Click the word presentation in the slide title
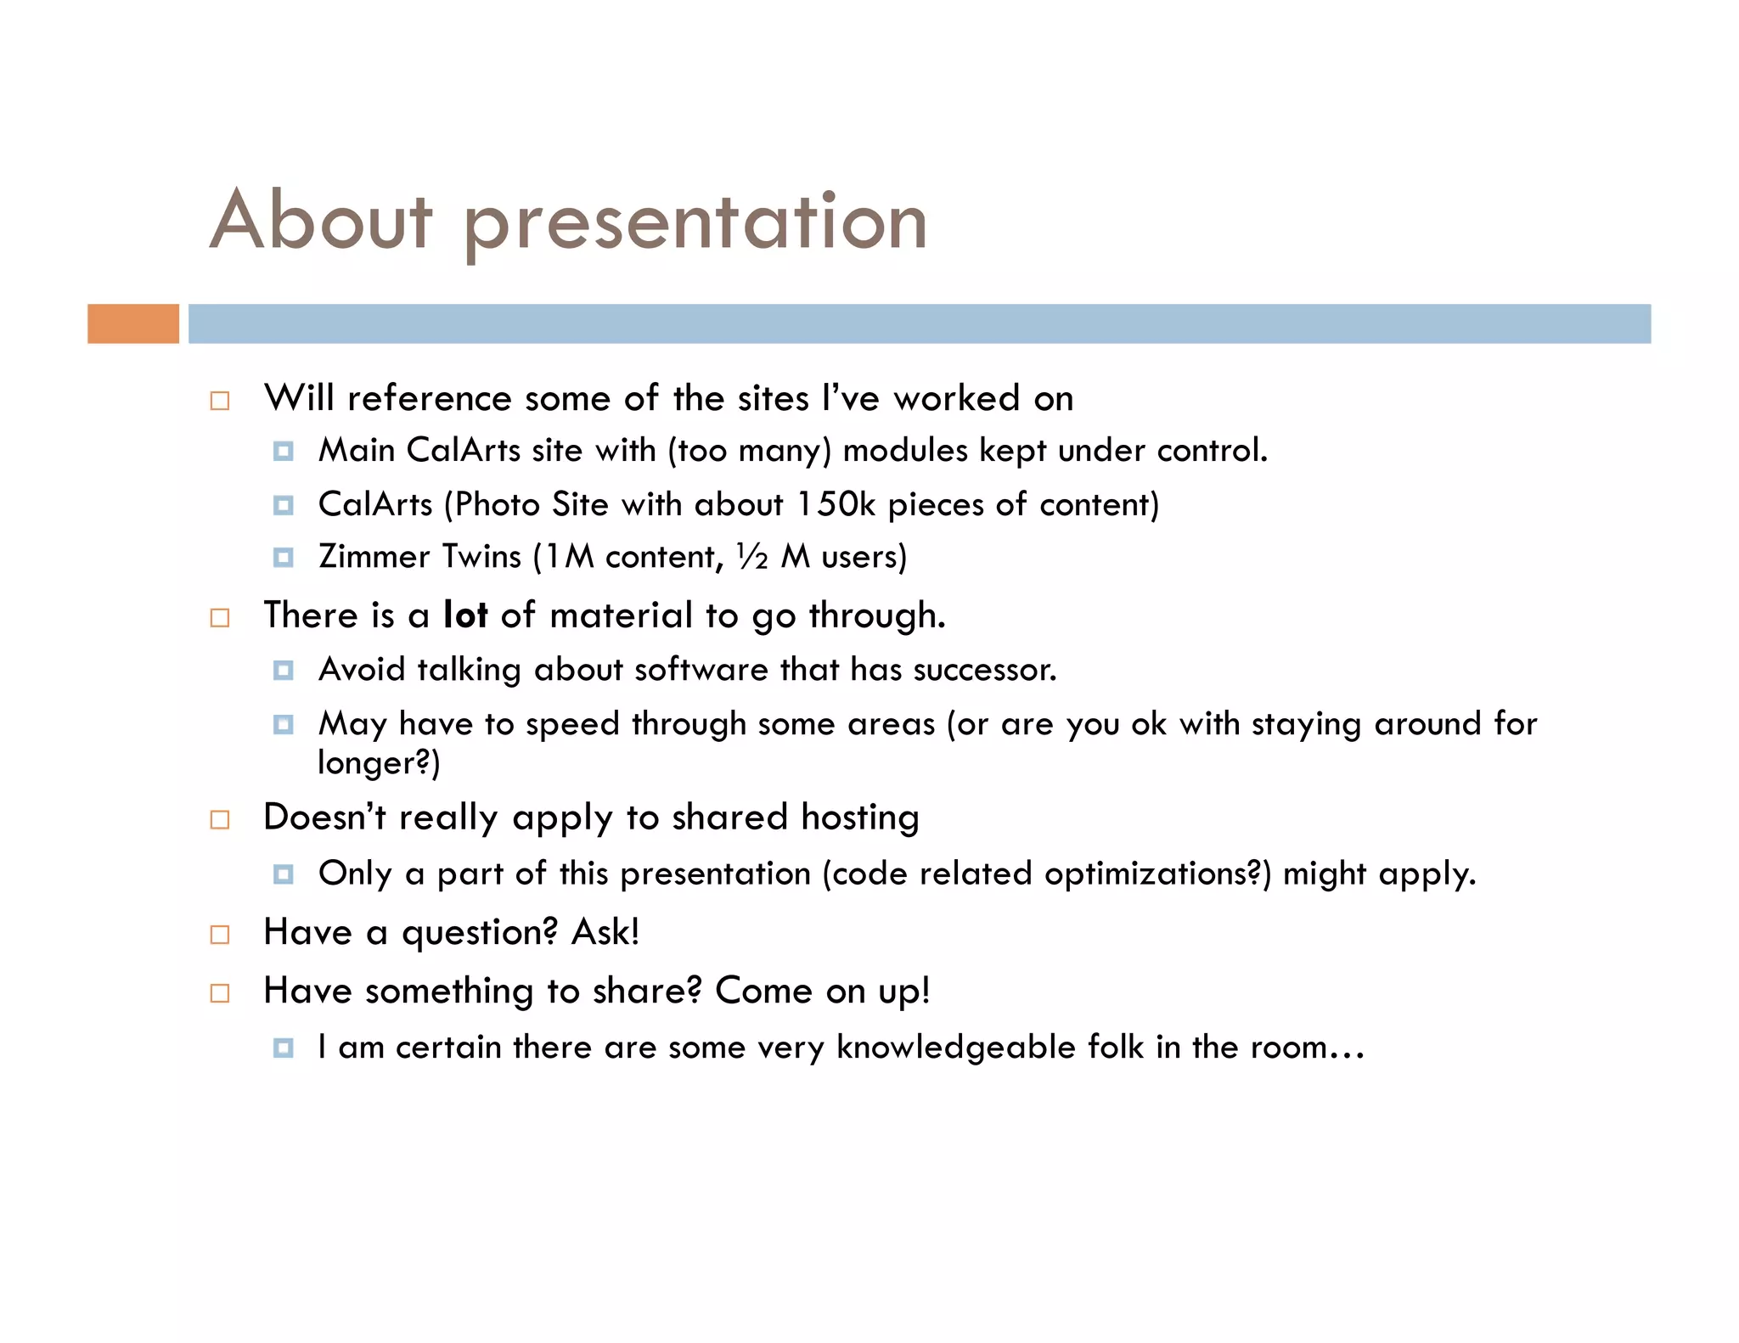pyautogui.click(x=695, y=222)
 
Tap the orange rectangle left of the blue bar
pyautogui.click(x=133, y=323)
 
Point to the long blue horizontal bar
pyautogui.click(x=919, y=323)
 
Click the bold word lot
pyautogui.click(x=465, y=615)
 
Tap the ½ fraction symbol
pyautogui.click(x=752, y=556)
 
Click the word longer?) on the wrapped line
pyautogui.click(x=379, y=762)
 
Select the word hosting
pyautogui.click(x=859, y=818)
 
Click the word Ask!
pyautogui.click(x=605, y=932)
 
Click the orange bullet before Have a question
pyautogui.click(x=220, y=935)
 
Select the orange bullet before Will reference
pyautogui.click(x=220, y=401)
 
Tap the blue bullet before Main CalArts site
pyautogui.click(x=284, y=451)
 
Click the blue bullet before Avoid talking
pyautogui.click(x=284, y=671)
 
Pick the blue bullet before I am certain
pyautogui.click(x=284, y=1048)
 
